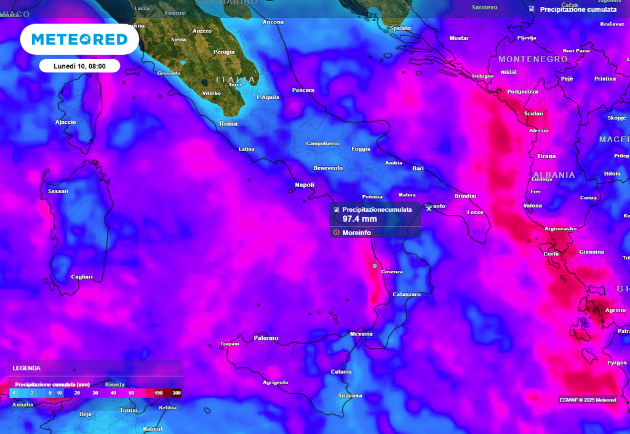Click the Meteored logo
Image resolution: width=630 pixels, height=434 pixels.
coord(79,39)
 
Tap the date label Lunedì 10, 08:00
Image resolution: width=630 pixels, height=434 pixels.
coord(79,66)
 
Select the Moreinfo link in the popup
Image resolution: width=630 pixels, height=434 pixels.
coord(356,233)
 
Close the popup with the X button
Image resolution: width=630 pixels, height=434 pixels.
coord(429,208)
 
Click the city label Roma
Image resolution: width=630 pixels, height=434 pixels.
coord(228,124)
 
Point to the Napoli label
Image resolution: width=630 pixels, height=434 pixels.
coord(305,185)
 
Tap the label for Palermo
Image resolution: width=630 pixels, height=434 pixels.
coord(266,338)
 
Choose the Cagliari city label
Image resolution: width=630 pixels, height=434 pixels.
coord(82,277)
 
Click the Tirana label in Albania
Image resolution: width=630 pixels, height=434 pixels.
coord(546,156)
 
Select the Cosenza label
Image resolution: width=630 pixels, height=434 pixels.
coord(392,271)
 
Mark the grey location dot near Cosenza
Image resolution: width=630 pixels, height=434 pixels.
coord(375,266)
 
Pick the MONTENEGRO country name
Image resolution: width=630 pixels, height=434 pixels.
coord(533,59)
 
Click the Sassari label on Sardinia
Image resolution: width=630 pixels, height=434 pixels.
coord(58,191)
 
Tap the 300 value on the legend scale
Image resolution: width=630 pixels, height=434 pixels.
coord(176,393)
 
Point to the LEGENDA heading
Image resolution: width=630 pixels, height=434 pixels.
coord(26,368)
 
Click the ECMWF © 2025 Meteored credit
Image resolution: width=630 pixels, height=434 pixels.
coord(588,400)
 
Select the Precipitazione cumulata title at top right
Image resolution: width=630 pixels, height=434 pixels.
coord(578,9)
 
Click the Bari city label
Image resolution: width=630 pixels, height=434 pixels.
coord(418,168)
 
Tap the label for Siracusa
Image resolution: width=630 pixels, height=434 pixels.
coord(349,395)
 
